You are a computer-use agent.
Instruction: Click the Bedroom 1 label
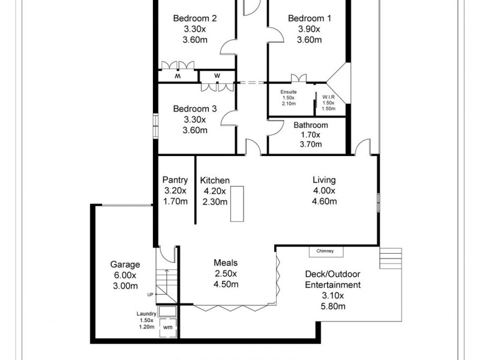(309, 18)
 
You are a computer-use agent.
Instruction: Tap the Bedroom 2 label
(195, 18)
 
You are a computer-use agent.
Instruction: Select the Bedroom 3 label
(195, 109)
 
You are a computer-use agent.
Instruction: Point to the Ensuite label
(289, 91)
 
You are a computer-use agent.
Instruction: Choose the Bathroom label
(310, 125)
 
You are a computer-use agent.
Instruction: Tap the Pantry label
(175, 179)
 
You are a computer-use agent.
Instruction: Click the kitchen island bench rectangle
(238, 204)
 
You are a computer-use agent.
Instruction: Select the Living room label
(324, 179)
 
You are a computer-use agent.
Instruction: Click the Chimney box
(326, 251)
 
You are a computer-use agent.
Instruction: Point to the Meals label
(226, 263)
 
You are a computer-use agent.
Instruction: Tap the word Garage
(125, 264)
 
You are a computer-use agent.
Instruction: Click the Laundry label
(147, 313)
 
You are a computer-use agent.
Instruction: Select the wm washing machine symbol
(168, 328)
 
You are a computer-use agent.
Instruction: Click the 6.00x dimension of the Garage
(125, 275)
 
